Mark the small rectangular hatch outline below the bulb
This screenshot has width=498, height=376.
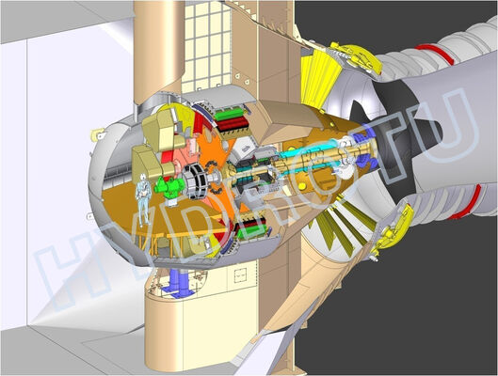pyautogui.click(x=244, y=278)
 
